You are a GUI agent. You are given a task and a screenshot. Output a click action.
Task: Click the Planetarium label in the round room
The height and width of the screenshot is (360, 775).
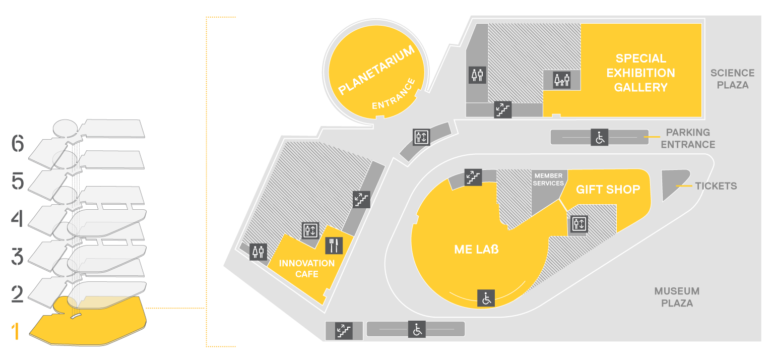coord(376,70)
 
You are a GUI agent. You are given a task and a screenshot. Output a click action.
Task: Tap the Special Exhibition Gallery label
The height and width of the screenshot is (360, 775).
coord(641,73)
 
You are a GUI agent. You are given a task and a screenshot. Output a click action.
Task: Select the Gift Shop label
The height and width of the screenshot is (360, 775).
coord(608,190)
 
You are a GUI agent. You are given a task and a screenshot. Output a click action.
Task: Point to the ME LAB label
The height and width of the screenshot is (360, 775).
coord(476,249)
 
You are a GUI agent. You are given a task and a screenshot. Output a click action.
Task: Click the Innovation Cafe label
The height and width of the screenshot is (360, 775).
coord(307,269)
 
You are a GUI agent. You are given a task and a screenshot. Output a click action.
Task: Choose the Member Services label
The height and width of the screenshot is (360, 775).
coord(548,179)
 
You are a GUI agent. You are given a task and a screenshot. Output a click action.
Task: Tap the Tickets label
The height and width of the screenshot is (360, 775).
coord(716,186)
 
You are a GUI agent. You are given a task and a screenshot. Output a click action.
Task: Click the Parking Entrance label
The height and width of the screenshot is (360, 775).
coord(688,139)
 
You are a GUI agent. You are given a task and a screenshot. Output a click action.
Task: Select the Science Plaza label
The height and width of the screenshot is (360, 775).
coord(733,79)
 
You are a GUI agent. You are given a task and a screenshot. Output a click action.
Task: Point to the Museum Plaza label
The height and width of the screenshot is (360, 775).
coord(677,297)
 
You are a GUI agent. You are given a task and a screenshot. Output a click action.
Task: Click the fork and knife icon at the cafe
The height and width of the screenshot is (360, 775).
coord(334,246)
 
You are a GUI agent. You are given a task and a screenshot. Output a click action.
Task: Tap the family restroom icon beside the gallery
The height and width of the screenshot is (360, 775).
coord(561,80)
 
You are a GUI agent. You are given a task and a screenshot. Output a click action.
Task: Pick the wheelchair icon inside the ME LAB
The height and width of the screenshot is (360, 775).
coord(486,298)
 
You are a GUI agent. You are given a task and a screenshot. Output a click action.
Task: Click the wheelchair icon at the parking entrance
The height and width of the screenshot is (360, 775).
coord(600,137)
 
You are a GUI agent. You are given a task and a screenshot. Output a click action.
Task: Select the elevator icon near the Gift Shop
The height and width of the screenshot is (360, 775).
coord(579,224)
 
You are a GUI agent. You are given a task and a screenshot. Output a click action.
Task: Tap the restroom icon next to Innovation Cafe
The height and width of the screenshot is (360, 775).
coord(258,252)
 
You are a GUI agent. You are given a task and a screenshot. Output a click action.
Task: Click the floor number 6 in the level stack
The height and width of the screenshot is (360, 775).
coord(18,143)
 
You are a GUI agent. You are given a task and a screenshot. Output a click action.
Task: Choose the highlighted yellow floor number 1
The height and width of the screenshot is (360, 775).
coord(15,332)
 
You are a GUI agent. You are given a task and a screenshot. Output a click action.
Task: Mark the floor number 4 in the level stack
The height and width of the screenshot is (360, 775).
coord(17,219)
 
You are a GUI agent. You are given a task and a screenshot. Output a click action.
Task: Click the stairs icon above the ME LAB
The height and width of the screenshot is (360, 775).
coord(473,177)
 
